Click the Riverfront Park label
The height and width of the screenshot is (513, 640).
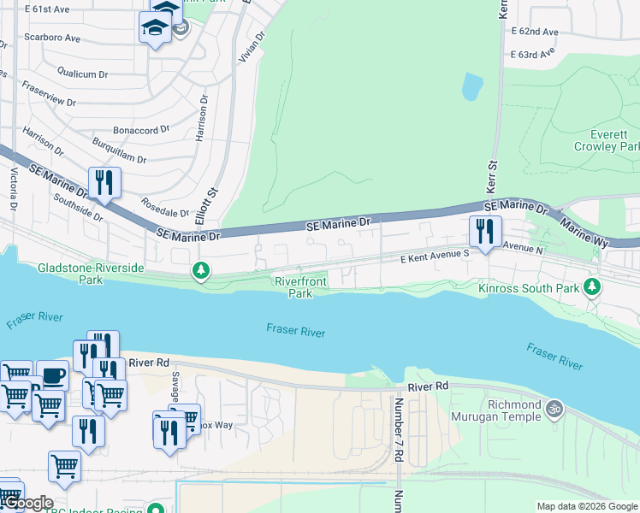tap(300, 287)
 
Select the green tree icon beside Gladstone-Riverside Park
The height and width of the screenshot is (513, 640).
tap(201, 271)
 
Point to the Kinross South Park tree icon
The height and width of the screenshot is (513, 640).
tap(591, 286)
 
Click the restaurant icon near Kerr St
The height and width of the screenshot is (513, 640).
tap(485, 231)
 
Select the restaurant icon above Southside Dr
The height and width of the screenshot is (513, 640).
tap(104, 183)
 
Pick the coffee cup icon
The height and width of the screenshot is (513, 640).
tap(52, 376)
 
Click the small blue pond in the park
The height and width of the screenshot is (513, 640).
tap(471, 86)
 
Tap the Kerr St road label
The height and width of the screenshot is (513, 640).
tap(492, 176)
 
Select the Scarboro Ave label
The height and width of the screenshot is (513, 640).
tap(52, 38)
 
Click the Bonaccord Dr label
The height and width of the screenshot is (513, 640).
tap(139, 129)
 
